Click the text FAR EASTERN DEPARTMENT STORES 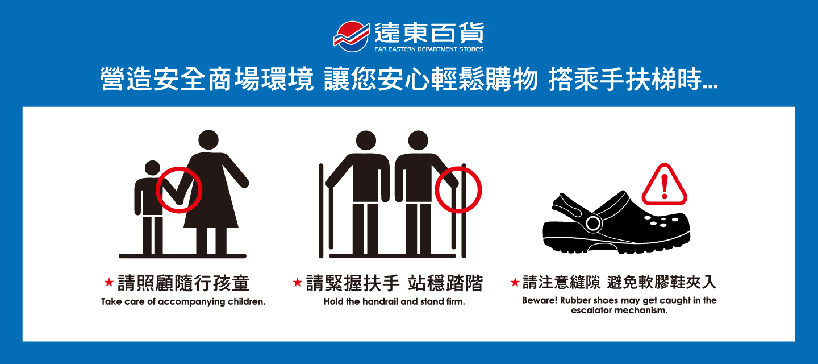pos(429,49)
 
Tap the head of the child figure pos(152,168)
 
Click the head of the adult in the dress pos(208,140)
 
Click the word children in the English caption pos(247,302)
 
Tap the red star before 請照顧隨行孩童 pos(109,282)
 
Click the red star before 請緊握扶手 pos(297,282)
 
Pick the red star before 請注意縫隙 pos(515,282)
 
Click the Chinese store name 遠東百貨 pos(429,33)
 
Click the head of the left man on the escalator pos(366,140)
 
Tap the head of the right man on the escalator pos(418,140)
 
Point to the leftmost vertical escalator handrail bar pos(321,211)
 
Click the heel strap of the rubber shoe pos(566,207)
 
